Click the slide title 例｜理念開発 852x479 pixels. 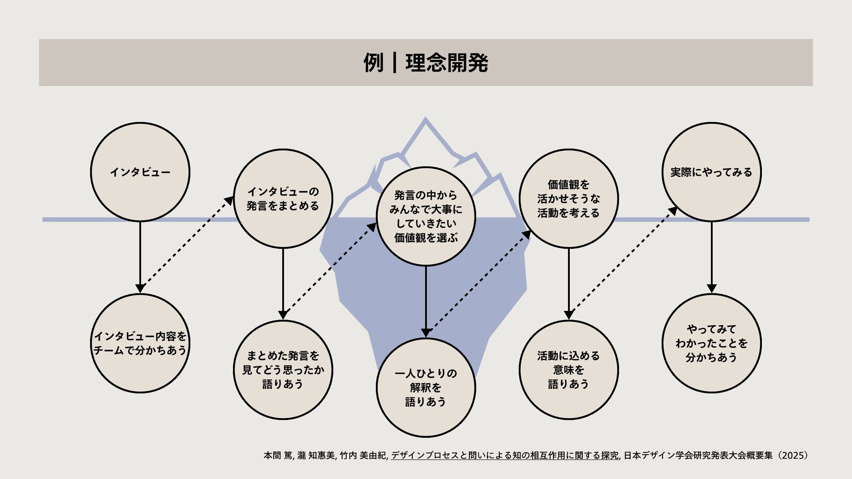(426, 63)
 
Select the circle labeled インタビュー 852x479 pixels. (140, 172)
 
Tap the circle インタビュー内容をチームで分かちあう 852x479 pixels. (140, 343)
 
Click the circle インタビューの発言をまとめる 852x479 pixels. (283, 199)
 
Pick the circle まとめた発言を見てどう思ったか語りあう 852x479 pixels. (283, 370)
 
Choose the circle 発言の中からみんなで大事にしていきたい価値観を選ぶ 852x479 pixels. (426, 216)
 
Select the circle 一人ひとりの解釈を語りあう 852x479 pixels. (426, 388)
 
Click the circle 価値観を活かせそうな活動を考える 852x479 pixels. (568, 199)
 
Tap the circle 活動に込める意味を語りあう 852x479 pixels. (568, 370)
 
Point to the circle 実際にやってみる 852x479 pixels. (711, 172)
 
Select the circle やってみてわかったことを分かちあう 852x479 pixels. (711, 343)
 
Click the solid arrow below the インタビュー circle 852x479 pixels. (140, 257)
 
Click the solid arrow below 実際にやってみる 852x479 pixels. (711, 257)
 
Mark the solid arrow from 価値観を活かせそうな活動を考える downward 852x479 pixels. (568, 284)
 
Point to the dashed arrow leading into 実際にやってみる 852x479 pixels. (621, 262)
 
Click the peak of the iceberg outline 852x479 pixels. (425, 120)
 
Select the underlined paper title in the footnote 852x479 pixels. (505, 455)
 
